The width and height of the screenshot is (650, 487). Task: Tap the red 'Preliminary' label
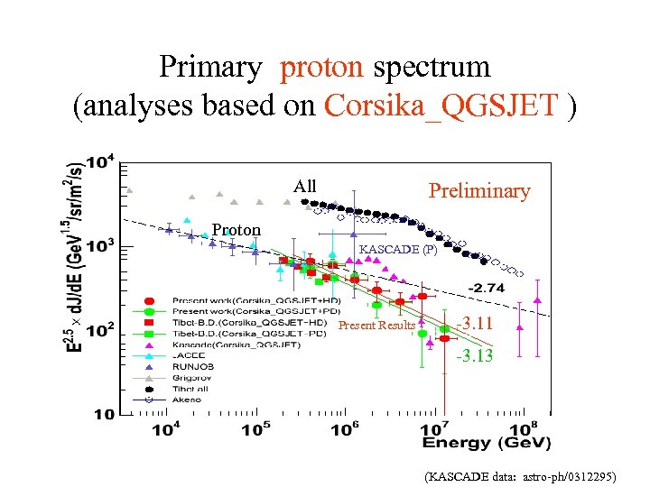[478, 190]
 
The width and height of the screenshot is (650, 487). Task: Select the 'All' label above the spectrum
[305, 187]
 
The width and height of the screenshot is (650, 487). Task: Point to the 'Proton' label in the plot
[237, 230]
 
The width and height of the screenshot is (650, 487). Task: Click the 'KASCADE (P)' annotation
[398, 250]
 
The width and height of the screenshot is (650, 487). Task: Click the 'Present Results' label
[376, 326]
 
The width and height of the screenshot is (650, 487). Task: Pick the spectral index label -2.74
[486, 288]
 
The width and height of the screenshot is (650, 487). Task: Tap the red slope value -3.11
[474, 324]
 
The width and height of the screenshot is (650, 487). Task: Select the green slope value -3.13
[474, 355]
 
